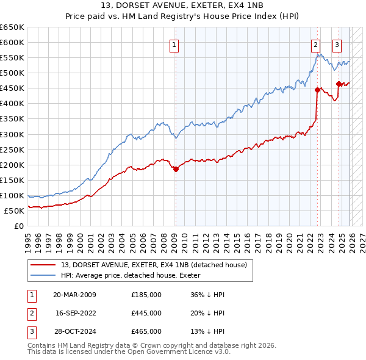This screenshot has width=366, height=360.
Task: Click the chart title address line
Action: (182, 5)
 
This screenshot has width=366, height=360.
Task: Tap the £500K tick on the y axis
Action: (12, 73)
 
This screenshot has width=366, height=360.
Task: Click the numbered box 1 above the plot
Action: (174, 44)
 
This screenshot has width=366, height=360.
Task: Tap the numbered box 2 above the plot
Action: (315, 44)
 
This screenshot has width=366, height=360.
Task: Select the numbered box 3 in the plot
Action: (337, 44)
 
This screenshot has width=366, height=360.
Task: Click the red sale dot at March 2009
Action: (176, 170)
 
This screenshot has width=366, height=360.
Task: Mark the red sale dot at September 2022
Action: (317, 90)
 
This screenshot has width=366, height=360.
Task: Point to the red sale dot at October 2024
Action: (339, 84)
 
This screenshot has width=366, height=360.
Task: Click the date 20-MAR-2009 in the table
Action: (74, 294)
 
